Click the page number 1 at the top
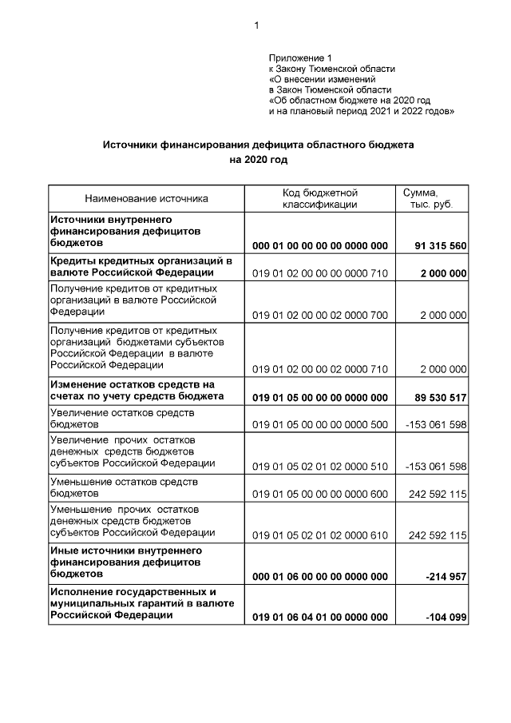256,26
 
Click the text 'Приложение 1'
299,58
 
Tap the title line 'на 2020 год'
257,160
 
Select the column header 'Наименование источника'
146,199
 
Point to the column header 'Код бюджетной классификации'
319,199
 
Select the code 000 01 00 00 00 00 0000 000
319,245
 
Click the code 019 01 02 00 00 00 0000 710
319,273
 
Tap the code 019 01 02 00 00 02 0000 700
319,316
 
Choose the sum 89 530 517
440,397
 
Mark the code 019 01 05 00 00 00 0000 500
319,424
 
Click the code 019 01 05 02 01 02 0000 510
319,467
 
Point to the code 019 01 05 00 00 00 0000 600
319,495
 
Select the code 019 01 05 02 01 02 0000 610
319,535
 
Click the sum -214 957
446,577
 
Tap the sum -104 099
446,618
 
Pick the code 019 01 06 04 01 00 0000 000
319,618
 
